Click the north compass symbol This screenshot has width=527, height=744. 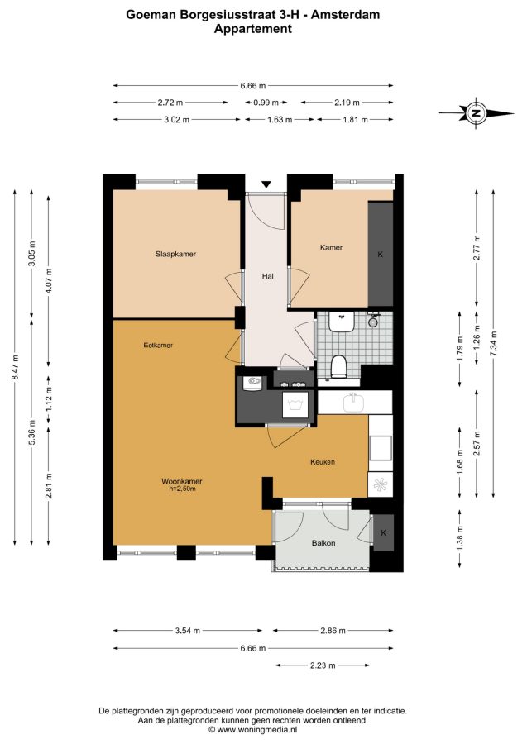click(477, 113)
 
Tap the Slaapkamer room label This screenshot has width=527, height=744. click(175, 254)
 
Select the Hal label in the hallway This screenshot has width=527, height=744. click(268, 276)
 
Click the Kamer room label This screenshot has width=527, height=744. click(331, 247)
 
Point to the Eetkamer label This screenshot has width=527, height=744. click(158, 345)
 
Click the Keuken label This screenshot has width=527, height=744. click(323, 461)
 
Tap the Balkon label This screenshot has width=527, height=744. click(323, 543)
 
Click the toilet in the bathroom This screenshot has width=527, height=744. click(338, 366)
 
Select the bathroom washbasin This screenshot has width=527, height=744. click(342, 322)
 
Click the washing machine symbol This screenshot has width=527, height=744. click(296, 405)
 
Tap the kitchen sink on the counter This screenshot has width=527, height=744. click(354, 403)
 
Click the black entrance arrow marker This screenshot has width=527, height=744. click(266, 184)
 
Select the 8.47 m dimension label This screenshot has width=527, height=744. click(15, 367)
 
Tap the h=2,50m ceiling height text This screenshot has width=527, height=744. click(182, 489)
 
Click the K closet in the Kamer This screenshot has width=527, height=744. click(381, 254)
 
